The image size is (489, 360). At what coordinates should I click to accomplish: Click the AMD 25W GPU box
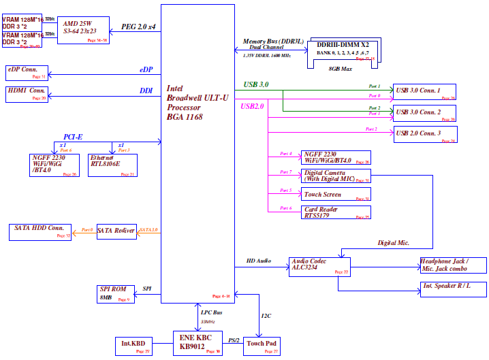click(82, 31)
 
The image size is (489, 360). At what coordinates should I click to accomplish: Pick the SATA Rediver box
click(116, 231)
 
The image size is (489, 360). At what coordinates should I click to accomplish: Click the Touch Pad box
click(262, 346)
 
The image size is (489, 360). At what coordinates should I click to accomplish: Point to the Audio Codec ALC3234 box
click(319, 267)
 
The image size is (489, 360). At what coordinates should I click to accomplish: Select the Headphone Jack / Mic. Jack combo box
click(453, 265)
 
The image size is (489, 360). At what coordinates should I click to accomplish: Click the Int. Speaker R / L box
click(453, 289)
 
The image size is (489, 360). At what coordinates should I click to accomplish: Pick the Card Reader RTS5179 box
click(336, 212)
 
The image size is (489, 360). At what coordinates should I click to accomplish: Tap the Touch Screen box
click(336, 195)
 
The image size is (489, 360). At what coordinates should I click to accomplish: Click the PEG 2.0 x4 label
click(138, 27)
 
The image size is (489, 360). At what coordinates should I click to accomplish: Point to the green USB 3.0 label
click(256, 84)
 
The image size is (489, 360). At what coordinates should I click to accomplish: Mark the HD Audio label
click(259, 261)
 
